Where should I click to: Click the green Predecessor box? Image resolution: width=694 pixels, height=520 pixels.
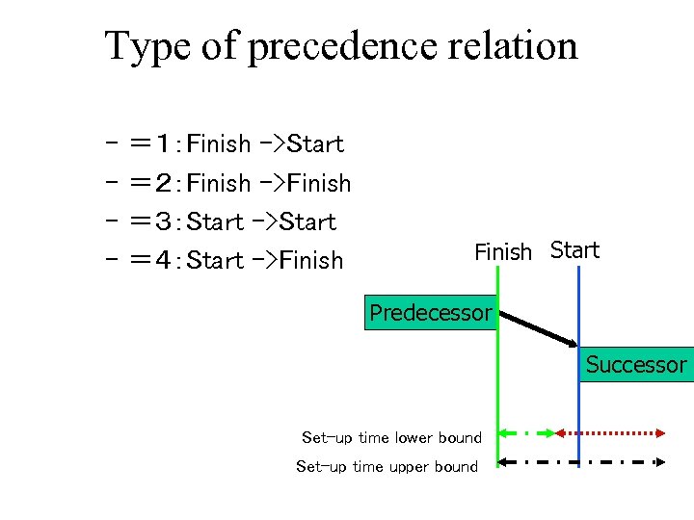[x=430, y=312]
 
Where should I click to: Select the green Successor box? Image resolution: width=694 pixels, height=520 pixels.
[x=635, y=365]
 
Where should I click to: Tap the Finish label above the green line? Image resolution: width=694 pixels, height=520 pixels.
[x=502, y=252]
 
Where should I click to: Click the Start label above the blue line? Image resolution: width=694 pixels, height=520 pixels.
[x=574, y=250]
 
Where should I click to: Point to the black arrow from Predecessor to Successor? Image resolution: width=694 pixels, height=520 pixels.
[x=536, y=327]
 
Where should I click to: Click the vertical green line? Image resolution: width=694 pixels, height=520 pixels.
[x=497, y=404]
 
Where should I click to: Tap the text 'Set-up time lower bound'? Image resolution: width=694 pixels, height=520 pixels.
[x=391, y=438]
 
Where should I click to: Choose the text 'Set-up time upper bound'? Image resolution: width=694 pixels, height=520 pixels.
[x=387, y=467]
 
